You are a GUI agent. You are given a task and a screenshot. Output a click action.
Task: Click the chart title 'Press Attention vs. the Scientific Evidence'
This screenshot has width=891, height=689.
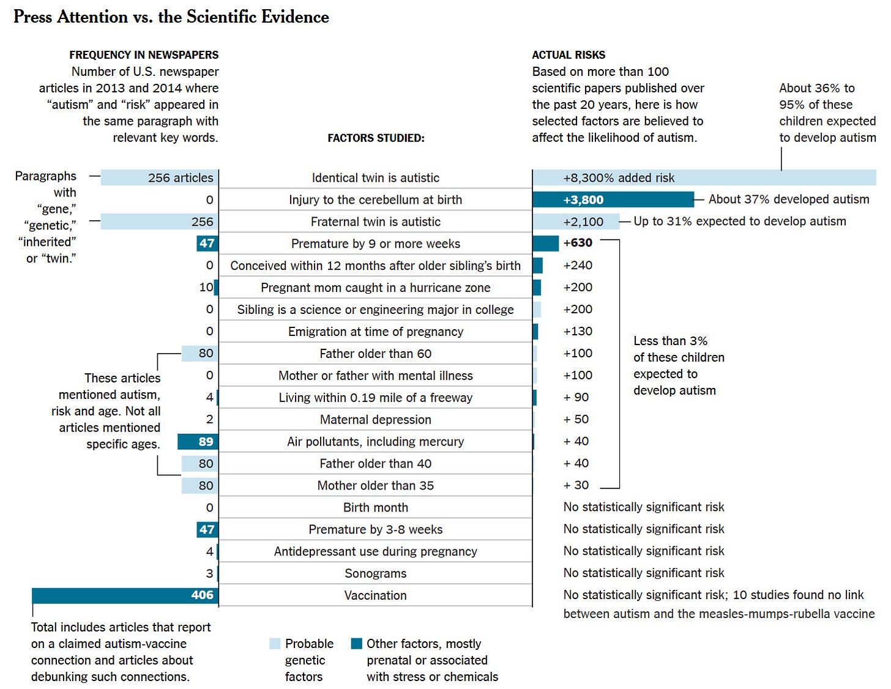(x=171, y=17)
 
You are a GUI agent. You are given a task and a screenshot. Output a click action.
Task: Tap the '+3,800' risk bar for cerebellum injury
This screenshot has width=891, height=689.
(x=613, y=199)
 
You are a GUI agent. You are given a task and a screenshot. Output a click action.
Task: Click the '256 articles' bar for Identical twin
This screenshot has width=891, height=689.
(x=159, y=178)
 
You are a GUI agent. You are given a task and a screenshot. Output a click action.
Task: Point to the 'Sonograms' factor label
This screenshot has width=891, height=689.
(x=375, y=573)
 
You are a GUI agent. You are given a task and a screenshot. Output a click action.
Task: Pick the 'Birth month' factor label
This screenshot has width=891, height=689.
(x=375, y=507)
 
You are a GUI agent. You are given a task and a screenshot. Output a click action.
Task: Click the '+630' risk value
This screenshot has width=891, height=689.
(x=578, y=243)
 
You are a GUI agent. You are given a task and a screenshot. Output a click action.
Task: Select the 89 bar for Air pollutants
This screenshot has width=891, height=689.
(x=198, y=441)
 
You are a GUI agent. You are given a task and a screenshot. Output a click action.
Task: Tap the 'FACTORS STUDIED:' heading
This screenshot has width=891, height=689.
(x=376, y=138)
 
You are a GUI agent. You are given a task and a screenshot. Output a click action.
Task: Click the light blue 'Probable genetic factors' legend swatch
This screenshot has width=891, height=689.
(x=274, y=644)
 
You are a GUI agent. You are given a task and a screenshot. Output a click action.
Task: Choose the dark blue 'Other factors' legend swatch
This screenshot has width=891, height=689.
(x=357, y=644)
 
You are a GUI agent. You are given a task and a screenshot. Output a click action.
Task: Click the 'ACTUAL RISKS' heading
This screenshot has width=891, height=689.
(x=569, y=55)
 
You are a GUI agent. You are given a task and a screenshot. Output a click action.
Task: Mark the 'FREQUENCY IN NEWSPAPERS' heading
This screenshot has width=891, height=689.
(x=144, y=55)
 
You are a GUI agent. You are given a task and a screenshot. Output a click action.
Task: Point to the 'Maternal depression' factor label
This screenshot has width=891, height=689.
(x=375, y=419)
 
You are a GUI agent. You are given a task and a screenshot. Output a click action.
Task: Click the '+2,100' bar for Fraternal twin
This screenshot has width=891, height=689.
(x=575, y=222)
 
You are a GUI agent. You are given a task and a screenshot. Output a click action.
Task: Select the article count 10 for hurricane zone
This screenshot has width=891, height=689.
(x=206, y=287)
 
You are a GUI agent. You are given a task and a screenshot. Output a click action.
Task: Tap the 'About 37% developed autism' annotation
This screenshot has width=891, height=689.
(x=789, y=199)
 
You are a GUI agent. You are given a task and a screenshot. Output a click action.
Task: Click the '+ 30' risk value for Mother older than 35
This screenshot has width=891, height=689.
(x=576, y=485)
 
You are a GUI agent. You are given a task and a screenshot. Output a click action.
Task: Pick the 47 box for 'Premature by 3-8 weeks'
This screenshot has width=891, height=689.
(x=207, y=529)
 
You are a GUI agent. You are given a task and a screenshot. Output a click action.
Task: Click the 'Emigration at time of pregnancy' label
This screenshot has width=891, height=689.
(x=375, y=332)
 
